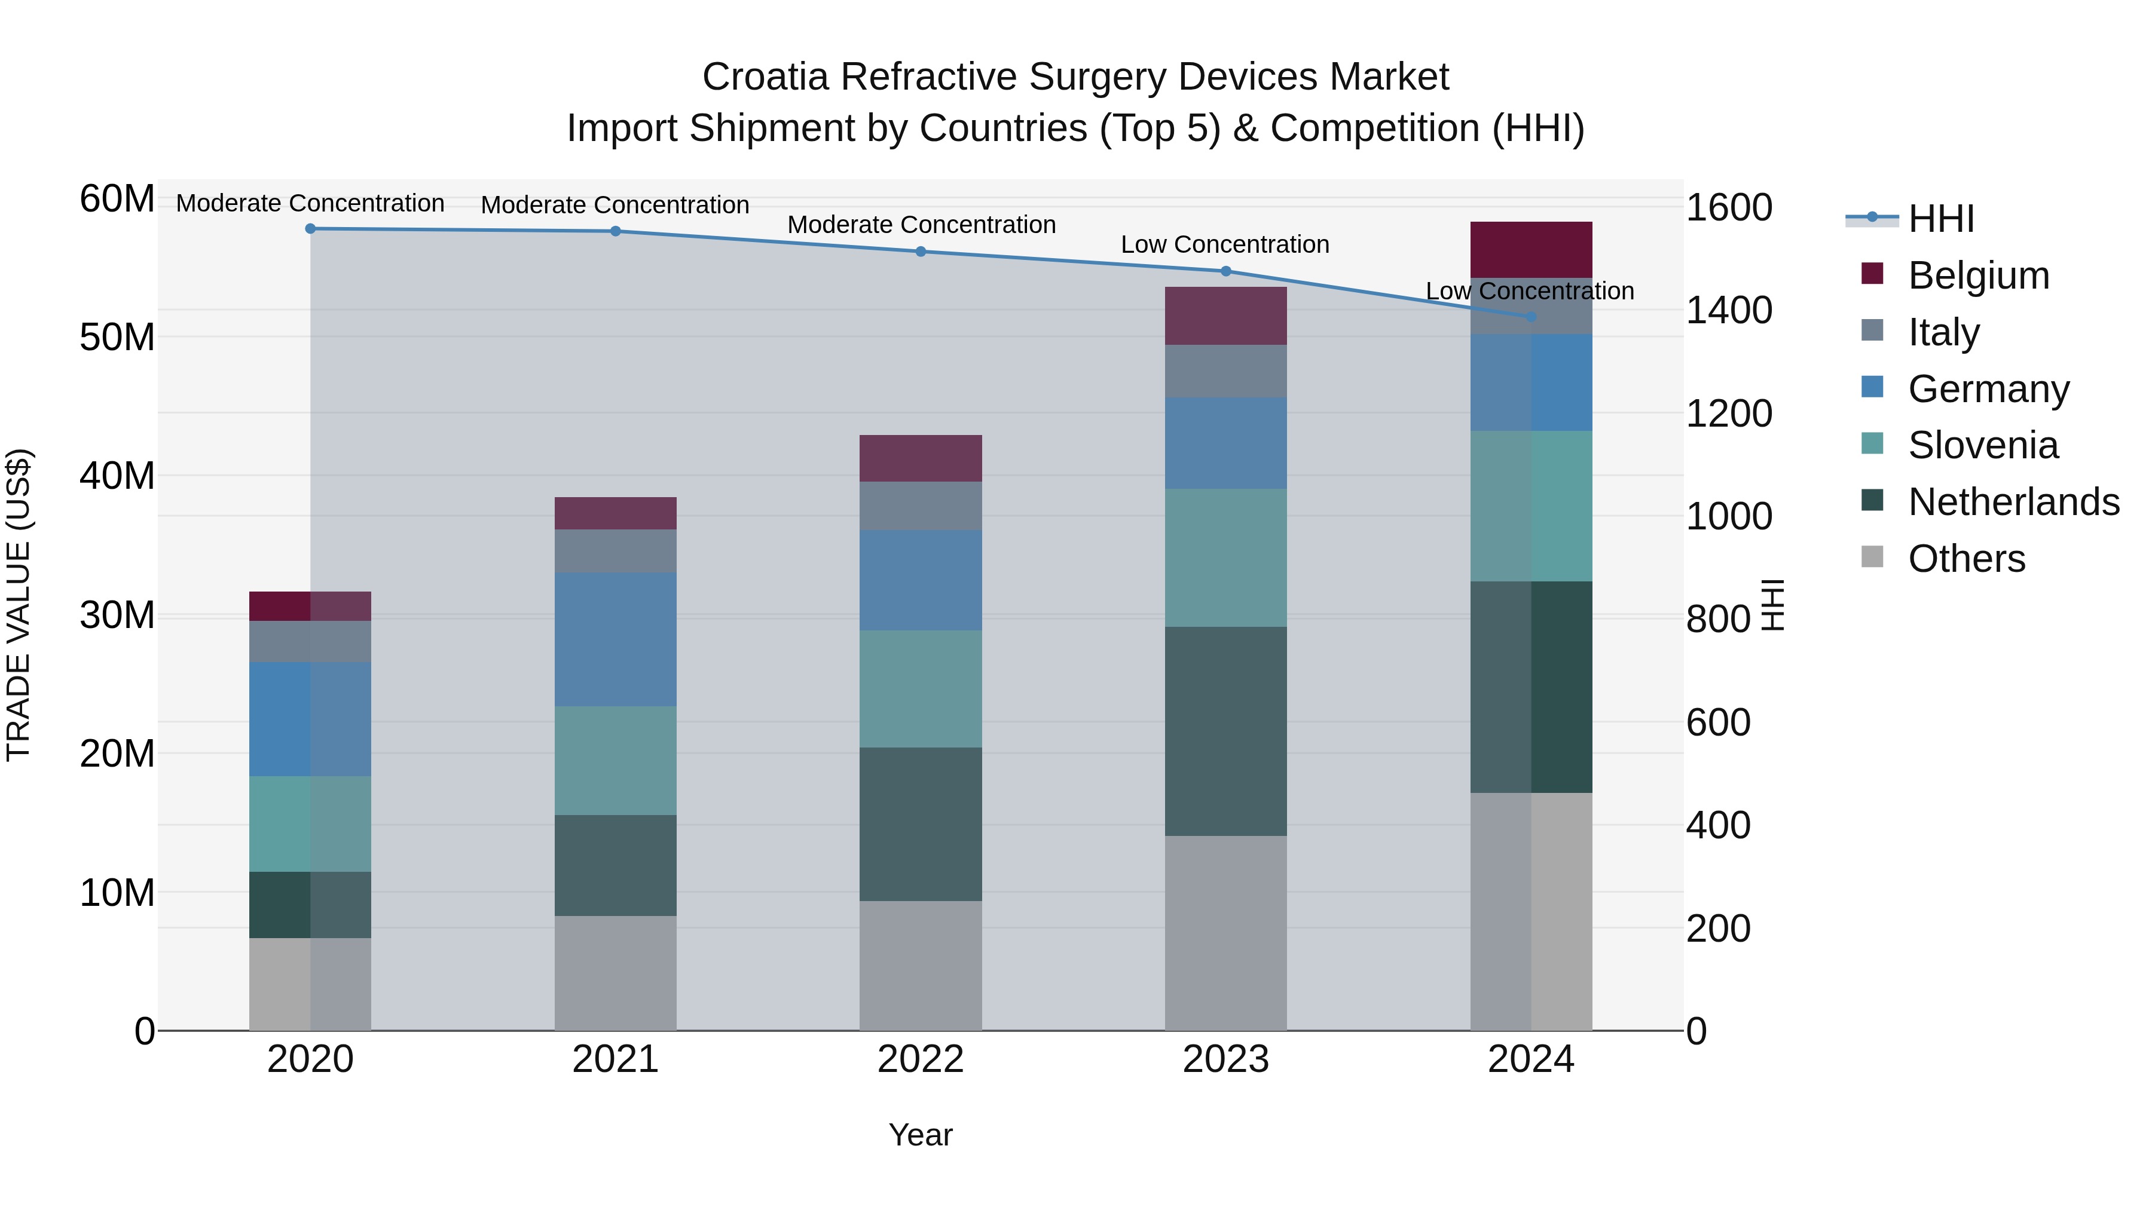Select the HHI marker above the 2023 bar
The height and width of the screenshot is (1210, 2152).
tap(1225, 271)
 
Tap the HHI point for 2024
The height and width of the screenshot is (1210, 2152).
tap(1530, 317)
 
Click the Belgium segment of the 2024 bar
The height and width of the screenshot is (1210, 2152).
tap(1530, 250)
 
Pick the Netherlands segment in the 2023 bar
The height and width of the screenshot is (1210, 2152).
tap(1225, 731)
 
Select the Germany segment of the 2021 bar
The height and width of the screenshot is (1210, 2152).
tap(615, 639)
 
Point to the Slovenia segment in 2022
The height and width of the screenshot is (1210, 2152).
tap(921, 688)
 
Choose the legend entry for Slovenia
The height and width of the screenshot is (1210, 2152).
tap(1982, 445)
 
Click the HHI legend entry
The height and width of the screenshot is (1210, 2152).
tap(1940, 219)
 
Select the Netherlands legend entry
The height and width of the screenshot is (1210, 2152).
tap(2013, 502)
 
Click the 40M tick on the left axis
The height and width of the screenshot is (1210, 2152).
tap(117, 476)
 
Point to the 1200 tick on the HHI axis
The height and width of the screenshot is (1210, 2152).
tap(1728, 413)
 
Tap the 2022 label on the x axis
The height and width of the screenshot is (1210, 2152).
tap(921, 1059)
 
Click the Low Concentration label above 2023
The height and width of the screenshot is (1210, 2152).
tap(1225, 244)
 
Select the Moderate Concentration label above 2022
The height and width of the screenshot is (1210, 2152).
tap(921, 225)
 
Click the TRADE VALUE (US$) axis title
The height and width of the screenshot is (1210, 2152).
tap(19, 605)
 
